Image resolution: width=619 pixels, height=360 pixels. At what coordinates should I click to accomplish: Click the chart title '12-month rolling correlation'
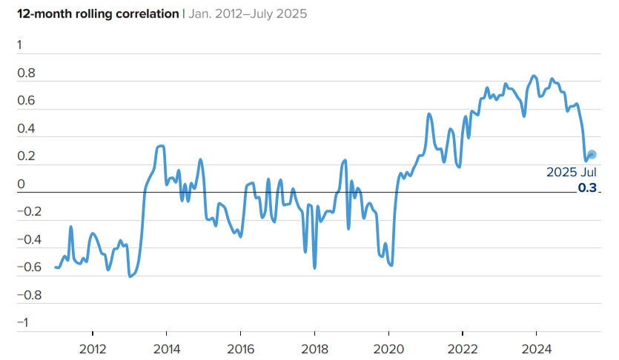(x=98, y=14)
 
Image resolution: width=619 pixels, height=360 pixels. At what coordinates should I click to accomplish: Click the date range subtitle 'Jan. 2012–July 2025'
(x=248, y=14)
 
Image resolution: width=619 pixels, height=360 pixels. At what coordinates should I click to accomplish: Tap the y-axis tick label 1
(x=19, y=45)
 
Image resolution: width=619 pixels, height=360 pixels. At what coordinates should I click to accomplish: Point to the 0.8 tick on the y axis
(x=26, y=73)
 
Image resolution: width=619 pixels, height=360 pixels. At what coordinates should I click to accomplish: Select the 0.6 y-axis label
(x=26, y=101)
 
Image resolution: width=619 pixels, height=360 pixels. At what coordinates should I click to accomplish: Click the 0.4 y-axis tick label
(x=26, y=129)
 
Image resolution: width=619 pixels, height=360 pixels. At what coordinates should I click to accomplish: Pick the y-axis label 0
(x=21, y=184)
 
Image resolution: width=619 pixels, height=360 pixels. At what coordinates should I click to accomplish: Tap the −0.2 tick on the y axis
(x=29, y=212)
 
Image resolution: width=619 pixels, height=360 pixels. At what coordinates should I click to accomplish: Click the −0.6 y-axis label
(x=29, y=267)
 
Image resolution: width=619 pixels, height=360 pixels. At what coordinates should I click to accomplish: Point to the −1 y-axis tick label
(x=23, y=322)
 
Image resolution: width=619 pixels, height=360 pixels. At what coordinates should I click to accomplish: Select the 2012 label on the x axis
(x=93, y=349)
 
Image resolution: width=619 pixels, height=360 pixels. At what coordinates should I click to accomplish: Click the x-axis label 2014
(x=167, y=349)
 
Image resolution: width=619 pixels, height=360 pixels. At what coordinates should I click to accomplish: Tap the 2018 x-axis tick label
(x=314, y=349)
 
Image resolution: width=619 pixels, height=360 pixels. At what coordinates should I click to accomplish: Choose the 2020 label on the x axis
(x=389, y=349)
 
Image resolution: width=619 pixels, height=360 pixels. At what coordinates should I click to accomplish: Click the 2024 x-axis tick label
(x=537, y=349)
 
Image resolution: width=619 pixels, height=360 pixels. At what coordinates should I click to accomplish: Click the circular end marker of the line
(x=592, y=155)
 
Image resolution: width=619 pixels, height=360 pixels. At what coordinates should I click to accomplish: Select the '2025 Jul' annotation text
(x=572, y=173)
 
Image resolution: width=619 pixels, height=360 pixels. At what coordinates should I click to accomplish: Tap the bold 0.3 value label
(x=587, y=187)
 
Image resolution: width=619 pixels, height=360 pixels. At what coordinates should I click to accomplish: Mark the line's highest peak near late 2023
(x=534, y=76)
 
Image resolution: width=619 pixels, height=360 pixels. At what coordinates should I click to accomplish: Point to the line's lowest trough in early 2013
(x=130, y=276)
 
